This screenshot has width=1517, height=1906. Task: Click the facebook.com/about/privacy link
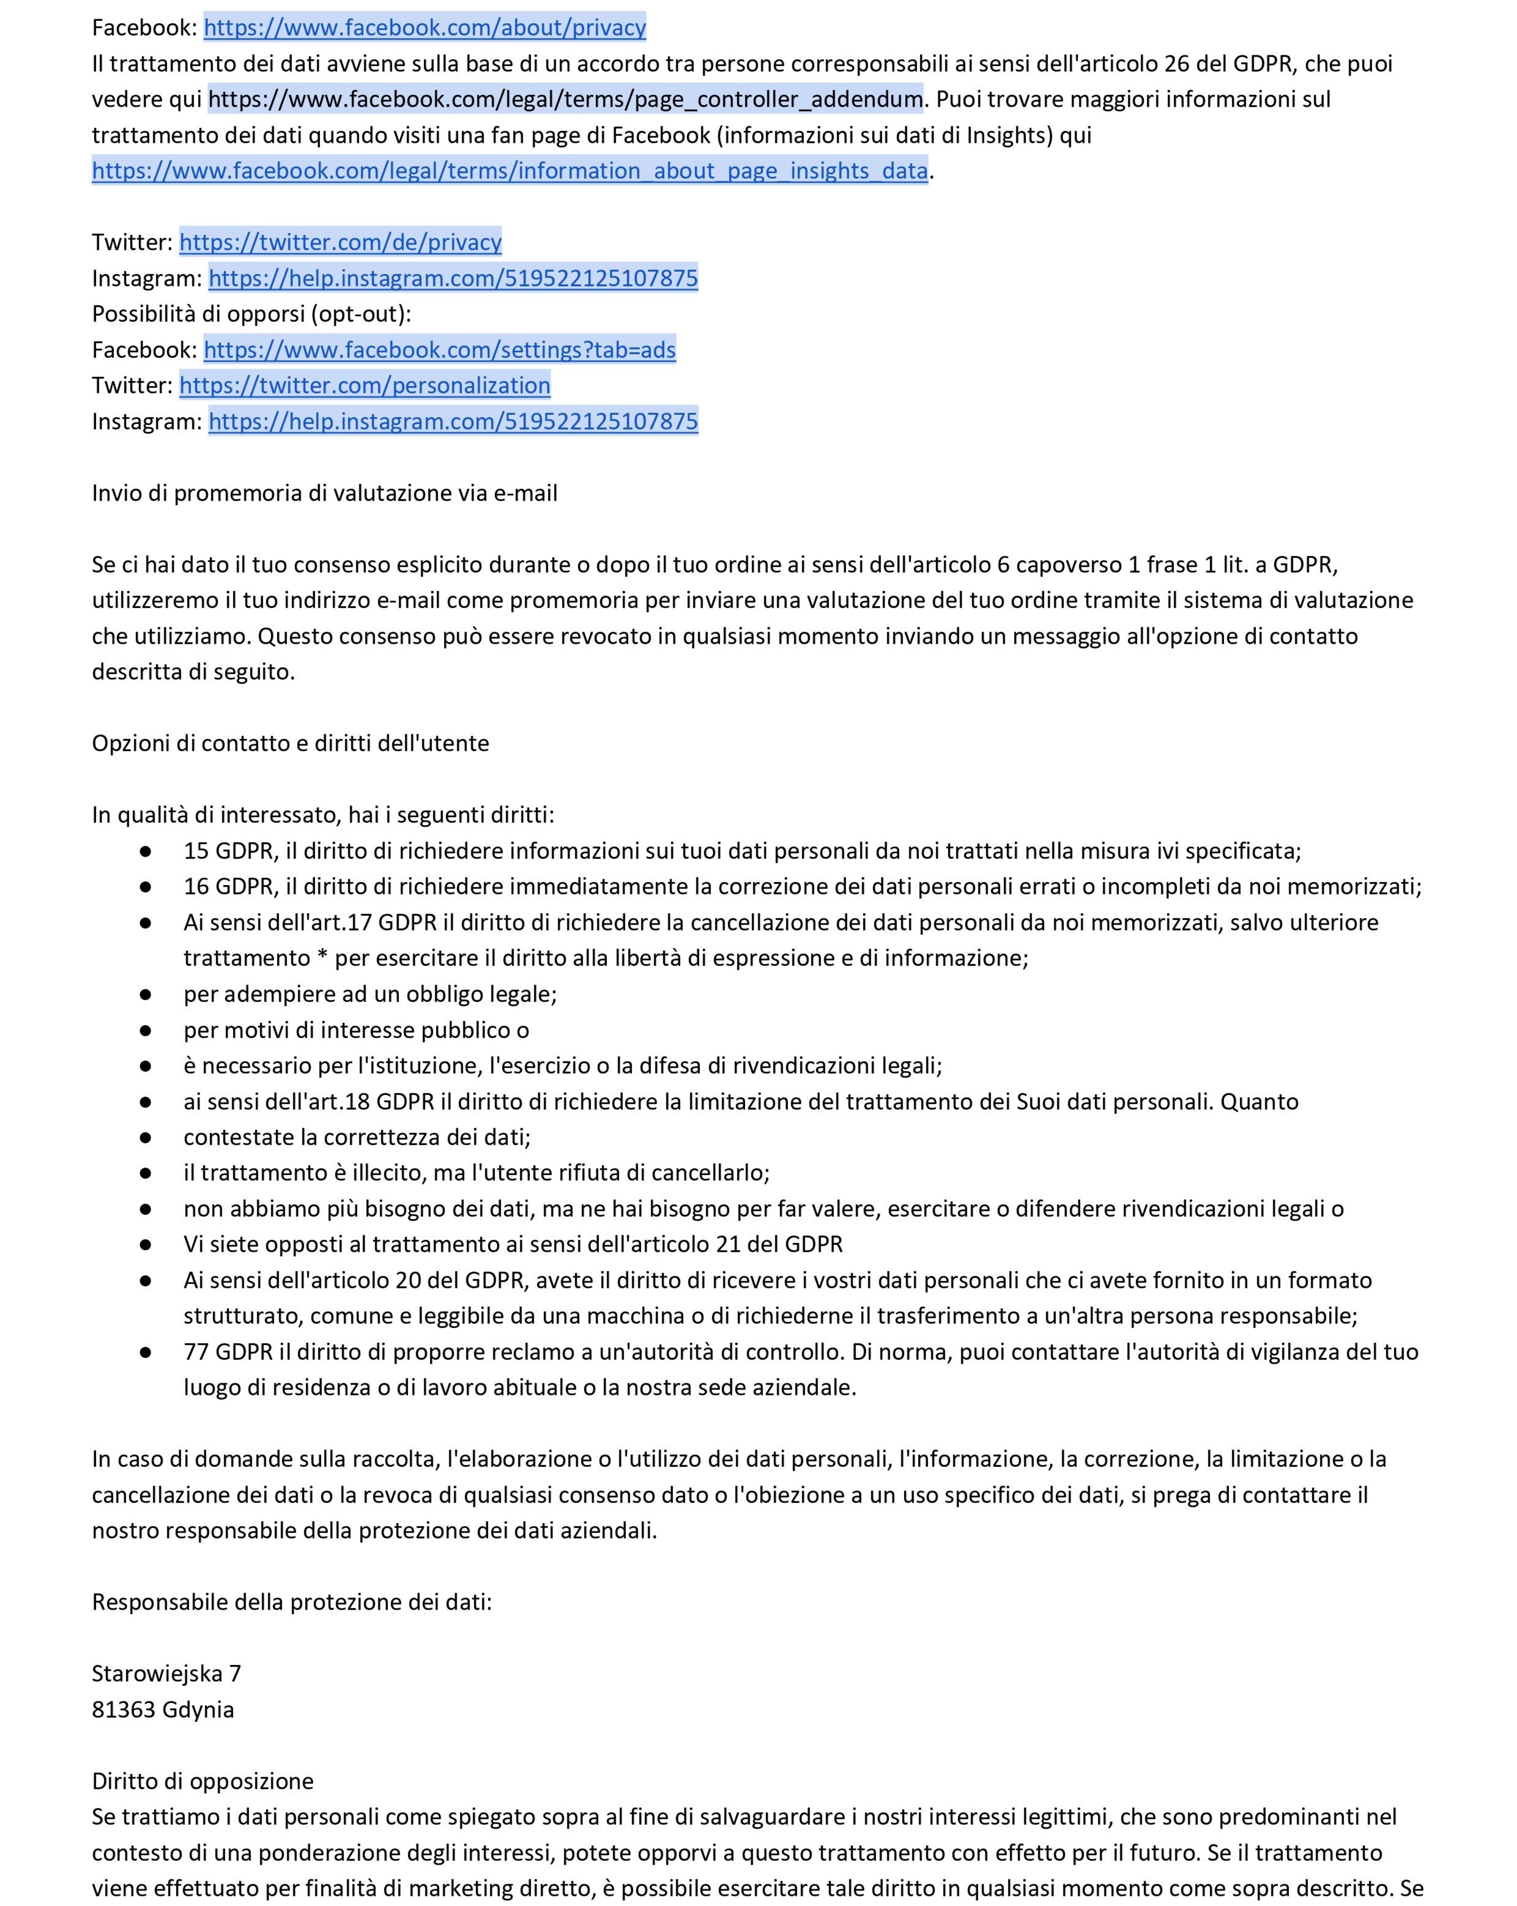click(424, 28)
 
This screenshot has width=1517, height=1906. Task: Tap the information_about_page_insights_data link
click(509, 170)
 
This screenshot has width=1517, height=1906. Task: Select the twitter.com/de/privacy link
click(340, 242)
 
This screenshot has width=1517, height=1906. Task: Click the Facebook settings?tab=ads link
click(440, 350)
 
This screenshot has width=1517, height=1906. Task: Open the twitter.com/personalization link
click(364, 385)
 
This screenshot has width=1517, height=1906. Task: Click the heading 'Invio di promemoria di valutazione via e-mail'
click(325, 493)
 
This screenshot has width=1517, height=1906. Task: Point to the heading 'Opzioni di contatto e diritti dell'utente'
click(290, 743)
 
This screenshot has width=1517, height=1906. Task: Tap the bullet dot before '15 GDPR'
click(146, 851)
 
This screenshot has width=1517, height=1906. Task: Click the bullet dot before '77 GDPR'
click(146, 1352)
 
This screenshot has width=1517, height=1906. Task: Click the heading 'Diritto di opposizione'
click(203, 1781)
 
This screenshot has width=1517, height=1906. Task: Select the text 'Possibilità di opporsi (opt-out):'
click(251, 314)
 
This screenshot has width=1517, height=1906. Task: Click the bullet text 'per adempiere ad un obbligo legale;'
click(370, 994)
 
